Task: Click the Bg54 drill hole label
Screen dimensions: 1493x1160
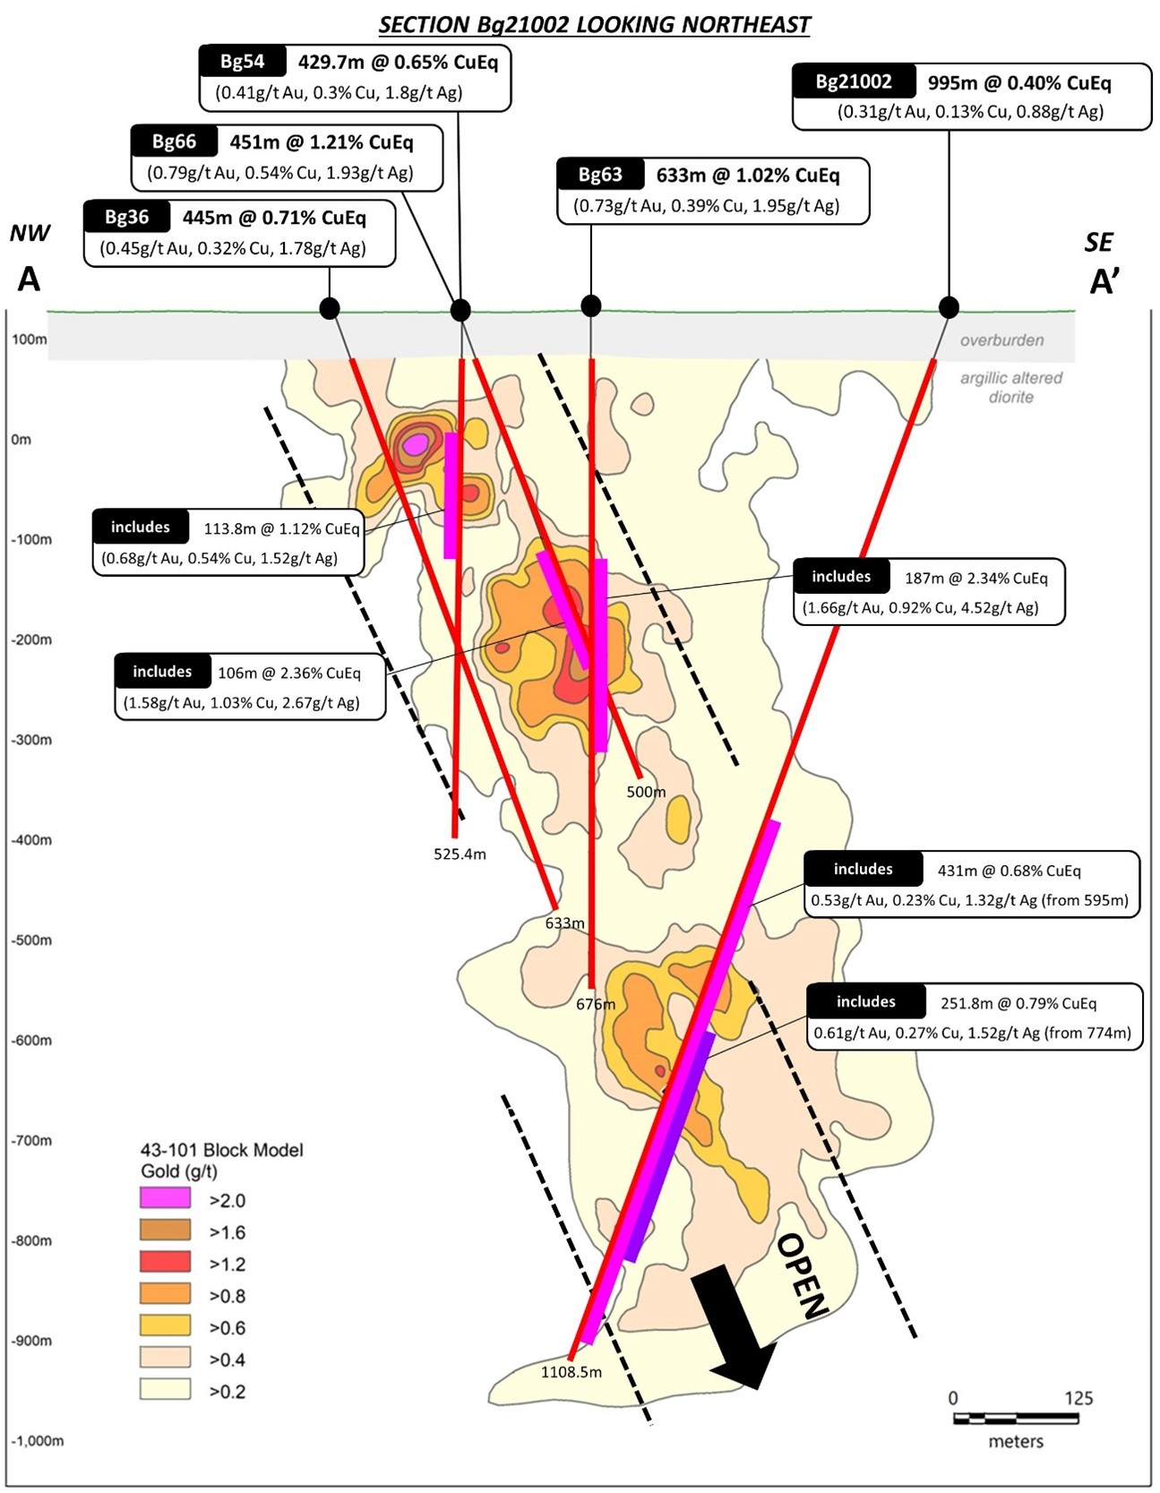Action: (x=243, y=61)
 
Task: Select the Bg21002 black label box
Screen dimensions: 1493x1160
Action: (x=854, y=82)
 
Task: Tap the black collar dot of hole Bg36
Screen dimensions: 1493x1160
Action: (x=330, y=309)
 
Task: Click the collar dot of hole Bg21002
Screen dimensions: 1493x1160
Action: (x=949, y=307)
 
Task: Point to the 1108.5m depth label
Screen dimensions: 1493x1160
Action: (x=571, y=1371)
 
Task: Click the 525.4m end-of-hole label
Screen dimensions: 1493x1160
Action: (x=460, y=854)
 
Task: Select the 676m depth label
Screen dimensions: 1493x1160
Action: (x=596, y=1004)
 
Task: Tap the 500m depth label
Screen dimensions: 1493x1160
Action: (x=646, y=792)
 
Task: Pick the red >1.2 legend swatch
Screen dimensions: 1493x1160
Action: (x=165, y=1262)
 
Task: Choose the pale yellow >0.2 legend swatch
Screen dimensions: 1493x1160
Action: (x=165, y=1389)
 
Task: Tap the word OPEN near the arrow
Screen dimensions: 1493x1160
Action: (x=801, y=1276)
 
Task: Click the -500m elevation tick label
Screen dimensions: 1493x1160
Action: (x=32, y=940)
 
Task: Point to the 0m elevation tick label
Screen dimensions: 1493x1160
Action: (x=21, y=439)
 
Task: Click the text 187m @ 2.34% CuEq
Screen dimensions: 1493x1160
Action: (x=975, y=578)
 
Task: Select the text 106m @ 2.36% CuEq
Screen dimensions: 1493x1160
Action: (x=289, y=673)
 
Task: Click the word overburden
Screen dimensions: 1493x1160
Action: (x=1001, y=340)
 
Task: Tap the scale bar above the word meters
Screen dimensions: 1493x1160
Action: (x=1016, y=1418)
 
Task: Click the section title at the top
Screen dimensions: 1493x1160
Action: (x=594, y=24)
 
